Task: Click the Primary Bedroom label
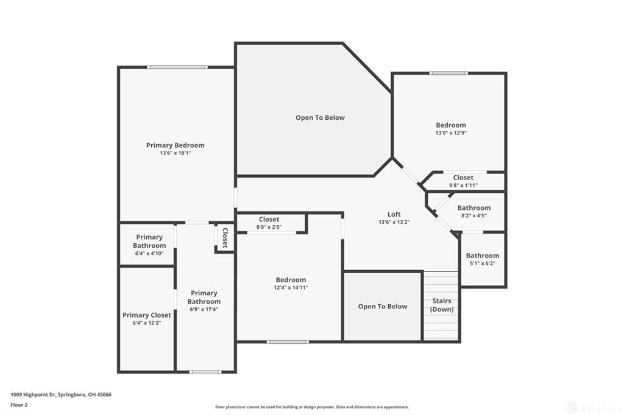click(175, 145)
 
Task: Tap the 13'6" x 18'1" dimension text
click(175, 153)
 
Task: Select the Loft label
click(394, 214)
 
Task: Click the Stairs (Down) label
click(442, 305)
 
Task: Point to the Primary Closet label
click(147, 315)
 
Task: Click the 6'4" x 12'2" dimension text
click(147, 323)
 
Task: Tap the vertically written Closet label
click(225, 238)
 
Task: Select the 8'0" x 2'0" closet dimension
click(269, 227)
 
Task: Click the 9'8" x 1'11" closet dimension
click(463, 185)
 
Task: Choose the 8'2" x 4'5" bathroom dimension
click(473, 215)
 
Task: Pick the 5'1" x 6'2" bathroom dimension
click(483, 263)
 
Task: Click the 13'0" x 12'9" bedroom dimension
click(451, 133)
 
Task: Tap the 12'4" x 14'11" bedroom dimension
click(291, 288)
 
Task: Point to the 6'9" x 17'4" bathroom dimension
click(204, 309)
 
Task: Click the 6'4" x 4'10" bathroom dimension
click(149, 253)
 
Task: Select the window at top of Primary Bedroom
click(177, 67)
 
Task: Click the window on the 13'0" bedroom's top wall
click(448, 74)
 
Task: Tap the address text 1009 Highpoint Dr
click(61, 394)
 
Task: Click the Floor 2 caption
click(19, 405)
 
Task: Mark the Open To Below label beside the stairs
click(382, 306)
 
